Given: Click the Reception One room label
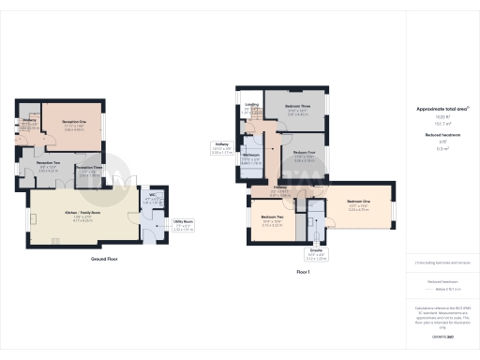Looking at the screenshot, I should tap(74, 122).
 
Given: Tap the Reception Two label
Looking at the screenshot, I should tap(36, 164).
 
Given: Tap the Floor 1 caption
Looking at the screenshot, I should tap(303, 271).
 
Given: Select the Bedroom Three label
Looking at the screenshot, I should tap(299, 106).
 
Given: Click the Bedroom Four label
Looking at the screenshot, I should tap(305, 152).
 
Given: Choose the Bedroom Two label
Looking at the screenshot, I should tap(273, 218).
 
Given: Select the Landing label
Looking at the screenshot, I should tap(251, 105).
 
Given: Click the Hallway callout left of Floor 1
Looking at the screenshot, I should tap(220, 144).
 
